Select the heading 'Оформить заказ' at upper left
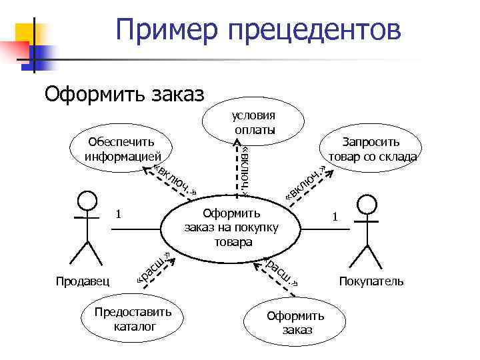(124, 93)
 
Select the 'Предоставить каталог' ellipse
(134, 319)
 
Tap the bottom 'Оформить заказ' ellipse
(295, 323)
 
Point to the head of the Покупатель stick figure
(368, 204)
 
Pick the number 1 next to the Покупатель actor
(336, 217)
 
